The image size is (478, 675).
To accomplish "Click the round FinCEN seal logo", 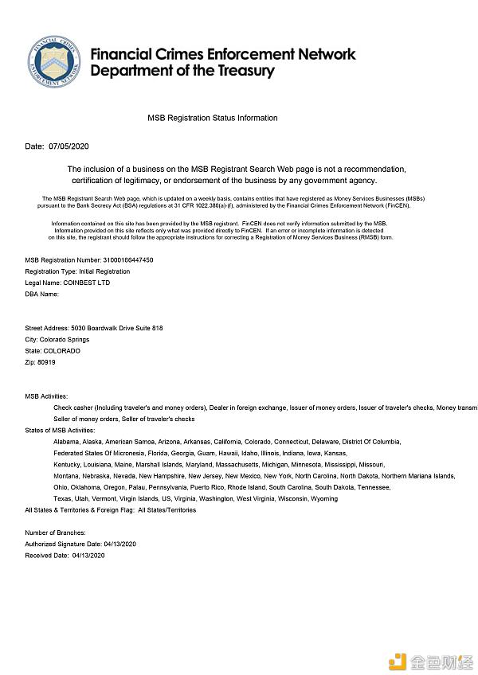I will coord(56,61).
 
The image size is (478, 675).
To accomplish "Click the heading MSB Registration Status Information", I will coord(213,118).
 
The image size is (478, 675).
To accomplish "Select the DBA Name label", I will coord(41,294).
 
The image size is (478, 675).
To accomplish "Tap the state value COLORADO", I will coord(61,350).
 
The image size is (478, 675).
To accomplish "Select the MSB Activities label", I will coord(46,396).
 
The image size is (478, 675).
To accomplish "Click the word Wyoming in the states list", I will coord(323,498).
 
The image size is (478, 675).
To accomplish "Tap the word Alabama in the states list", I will coord(66,441).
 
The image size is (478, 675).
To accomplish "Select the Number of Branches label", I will coord(61,532).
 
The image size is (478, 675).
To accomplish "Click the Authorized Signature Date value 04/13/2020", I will coord(120,544).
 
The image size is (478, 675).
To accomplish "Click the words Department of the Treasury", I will coord(182,71).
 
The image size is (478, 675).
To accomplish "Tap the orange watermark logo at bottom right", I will coord(397,660).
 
